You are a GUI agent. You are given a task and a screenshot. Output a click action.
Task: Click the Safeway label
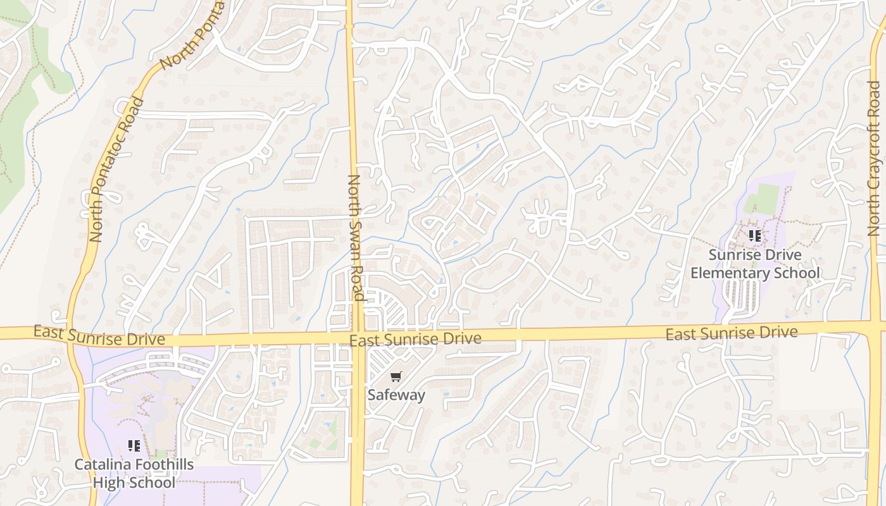point(396,395)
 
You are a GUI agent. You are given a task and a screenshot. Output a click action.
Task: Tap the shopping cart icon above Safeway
point(396,377)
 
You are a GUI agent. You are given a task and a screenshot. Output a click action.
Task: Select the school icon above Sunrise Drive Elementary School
point(754,236)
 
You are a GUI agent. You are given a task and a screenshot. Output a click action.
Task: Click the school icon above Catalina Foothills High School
point(134,446)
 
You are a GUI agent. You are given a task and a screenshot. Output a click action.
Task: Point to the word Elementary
point(728,273)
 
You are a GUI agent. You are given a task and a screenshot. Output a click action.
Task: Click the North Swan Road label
point(355,237)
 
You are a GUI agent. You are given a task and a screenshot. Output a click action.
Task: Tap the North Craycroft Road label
point(874,158)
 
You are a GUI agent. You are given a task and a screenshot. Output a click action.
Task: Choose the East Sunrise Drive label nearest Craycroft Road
point(731,333)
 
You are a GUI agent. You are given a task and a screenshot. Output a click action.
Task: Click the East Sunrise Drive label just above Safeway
point(415,340)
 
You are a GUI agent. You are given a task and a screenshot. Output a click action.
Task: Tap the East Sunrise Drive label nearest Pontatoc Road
point(99,336)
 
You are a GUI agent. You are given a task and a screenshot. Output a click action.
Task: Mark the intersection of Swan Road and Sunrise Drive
point(357,336)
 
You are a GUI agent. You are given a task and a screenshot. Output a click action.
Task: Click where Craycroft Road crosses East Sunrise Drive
point(875,326)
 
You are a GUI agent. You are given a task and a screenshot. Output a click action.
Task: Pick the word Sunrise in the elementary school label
point(733,255)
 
